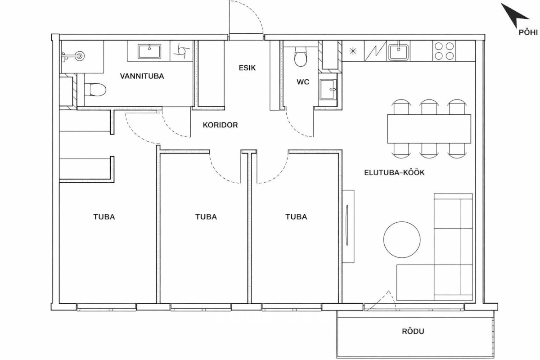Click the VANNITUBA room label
142,76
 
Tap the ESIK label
247,68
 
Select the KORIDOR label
220,125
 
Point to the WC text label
303,82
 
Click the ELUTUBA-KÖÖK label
394,173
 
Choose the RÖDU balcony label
413,331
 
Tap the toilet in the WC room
301,57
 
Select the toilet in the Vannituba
95,90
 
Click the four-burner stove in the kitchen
444,51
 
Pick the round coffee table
402,240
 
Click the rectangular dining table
429,129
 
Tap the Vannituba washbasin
149,51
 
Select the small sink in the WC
328,90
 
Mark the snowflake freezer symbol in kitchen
353,51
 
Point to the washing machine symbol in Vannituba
181,51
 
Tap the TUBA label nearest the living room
296,217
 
